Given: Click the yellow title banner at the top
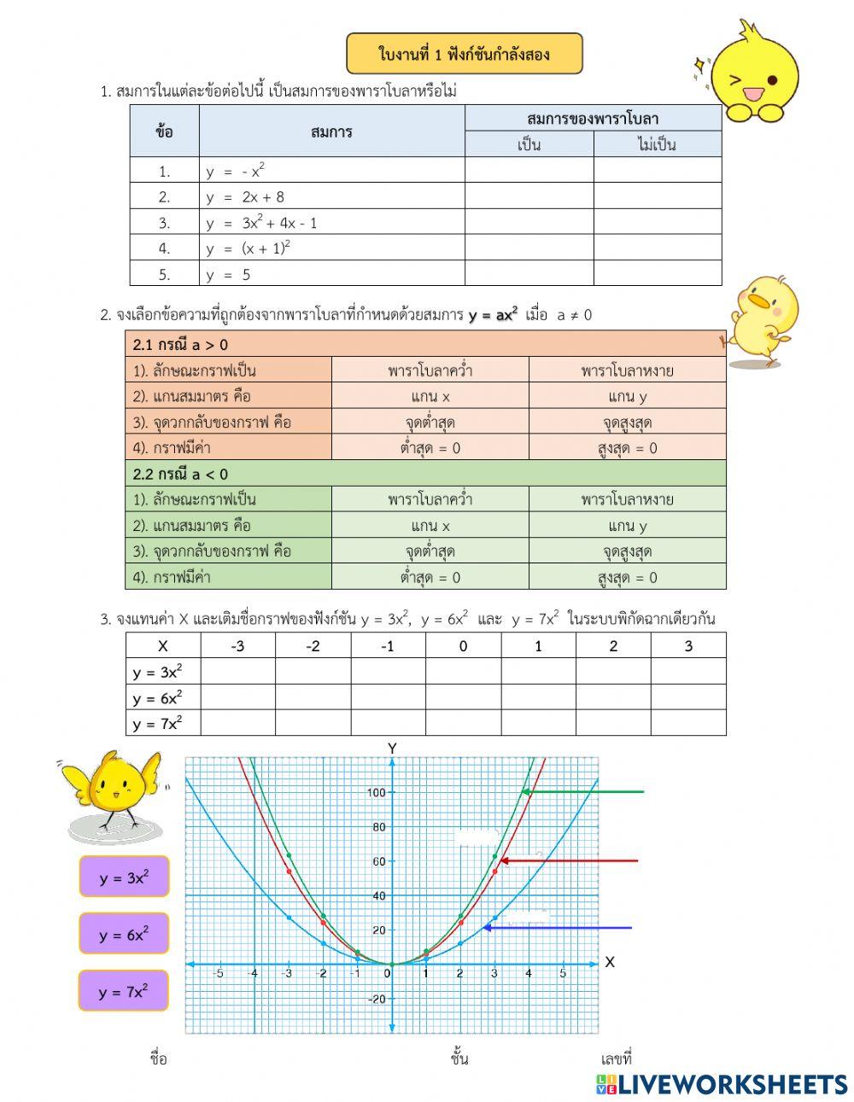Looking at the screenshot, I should pos(465,55).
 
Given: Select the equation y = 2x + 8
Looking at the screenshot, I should pos(245,197).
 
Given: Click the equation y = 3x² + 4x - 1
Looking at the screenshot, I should pos(261,223).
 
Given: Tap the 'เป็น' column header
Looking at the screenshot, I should pos(529,144).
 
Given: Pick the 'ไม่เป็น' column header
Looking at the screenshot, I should pos(657,144).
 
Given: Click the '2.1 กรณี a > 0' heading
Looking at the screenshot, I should pos(180,345).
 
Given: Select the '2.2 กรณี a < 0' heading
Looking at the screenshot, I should pos(180,474).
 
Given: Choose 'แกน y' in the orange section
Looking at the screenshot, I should pos(627,396).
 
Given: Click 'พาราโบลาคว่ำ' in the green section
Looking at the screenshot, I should pos(430,499).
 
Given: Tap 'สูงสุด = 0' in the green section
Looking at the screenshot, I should pos(627,577).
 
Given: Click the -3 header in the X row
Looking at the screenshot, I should pos(237,646).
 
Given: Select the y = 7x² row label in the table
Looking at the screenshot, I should pos(157,723).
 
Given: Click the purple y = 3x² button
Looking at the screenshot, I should pos(124,877).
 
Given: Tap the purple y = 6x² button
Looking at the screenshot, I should pos(124,934).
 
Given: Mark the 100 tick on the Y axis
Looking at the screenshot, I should pos(376,793).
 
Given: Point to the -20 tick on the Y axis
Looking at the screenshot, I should pos(376,1000).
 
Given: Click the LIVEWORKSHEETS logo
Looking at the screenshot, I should pos(722,1084).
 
